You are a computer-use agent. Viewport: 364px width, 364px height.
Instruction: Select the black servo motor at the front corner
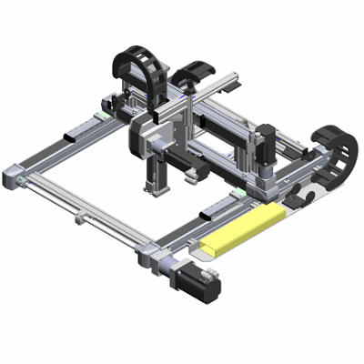[199, 285]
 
